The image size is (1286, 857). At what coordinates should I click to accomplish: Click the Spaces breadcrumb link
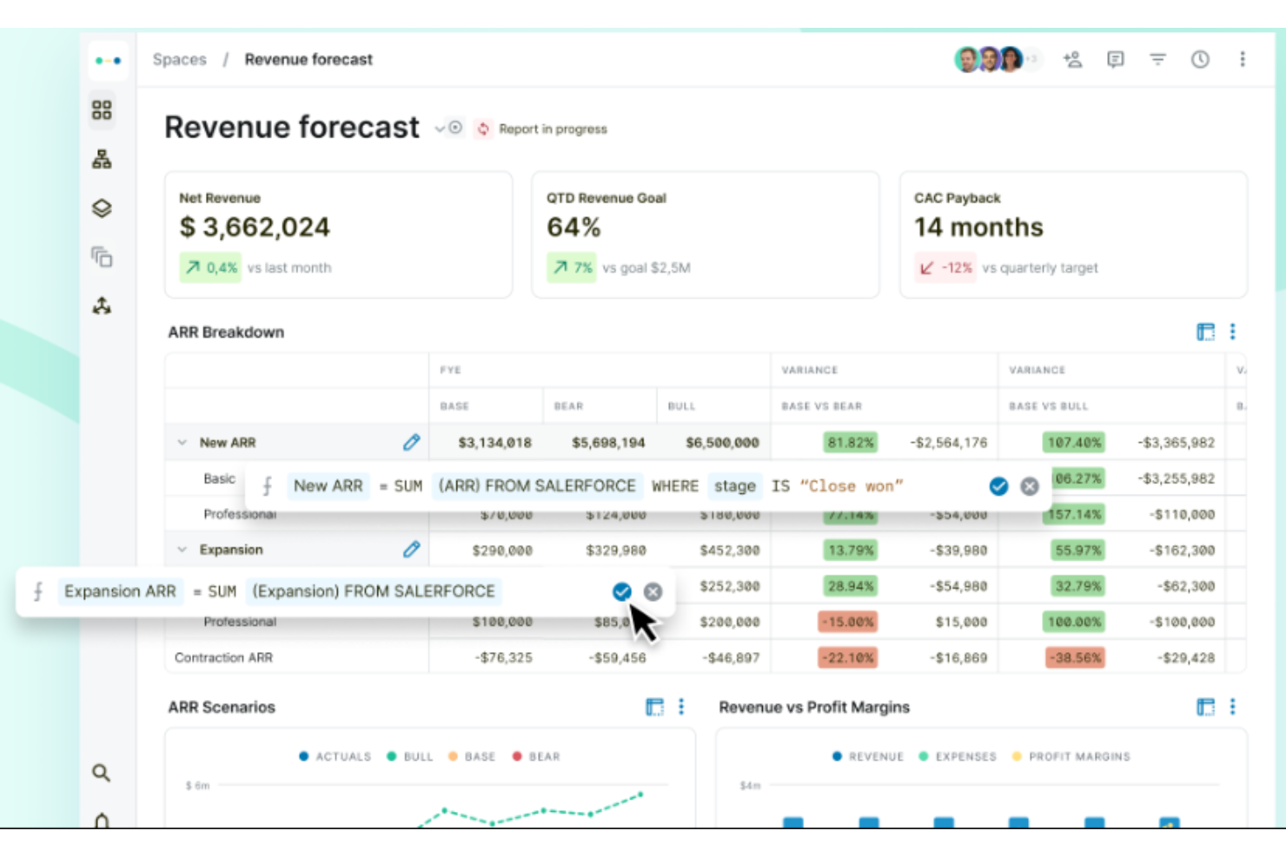click(x=179, y=59)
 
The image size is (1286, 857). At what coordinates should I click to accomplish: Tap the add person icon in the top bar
click(x=1073, y=59)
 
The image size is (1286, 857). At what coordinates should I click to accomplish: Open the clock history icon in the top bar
click(x=1200, y=59)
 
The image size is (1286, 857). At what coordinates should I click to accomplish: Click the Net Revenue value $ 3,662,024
click(x=255, y=227)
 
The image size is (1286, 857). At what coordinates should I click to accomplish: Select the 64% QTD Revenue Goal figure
click(x=573, y=227)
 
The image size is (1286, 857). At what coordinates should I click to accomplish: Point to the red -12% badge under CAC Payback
click(x=945, y=267)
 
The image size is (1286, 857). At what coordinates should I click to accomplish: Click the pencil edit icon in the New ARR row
click(x=411, y=442)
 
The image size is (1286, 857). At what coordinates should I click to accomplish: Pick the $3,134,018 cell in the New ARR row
click(x=494, y=443)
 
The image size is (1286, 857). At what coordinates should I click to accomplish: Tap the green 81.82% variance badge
click(x=850, y=443)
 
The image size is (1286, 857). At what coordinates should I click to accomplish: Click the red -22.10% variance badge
click(x=847, y=658)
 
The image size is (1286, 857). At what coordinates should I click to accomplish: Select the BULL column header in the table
click(x=681, y=406)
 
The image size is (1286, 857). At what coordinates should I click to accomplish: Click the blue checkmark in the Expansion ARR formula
click(x=622, y=591)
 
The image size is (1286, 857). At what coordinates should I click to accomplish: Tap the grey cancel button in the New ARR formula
click(x=1030, y=486)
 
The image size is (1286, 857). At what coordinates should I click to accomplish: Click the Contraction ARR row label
click(x=223, y=658)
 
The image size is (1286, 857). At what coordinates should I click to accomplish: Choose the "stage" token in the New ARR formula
click(x=734, y=486)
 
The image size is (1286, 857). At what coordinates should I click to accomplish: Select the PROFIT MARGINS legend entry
click(x=1078, y=756)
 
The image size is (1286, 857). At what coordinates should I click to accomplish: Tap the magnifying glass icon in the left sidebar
click(x=102, y=773)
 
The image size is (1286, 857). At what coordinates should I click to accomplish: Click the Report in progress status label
click(x=553, y=129)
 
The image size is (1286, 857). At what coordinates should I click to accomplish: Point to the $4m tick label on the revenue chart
click(x=749, y=786)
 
